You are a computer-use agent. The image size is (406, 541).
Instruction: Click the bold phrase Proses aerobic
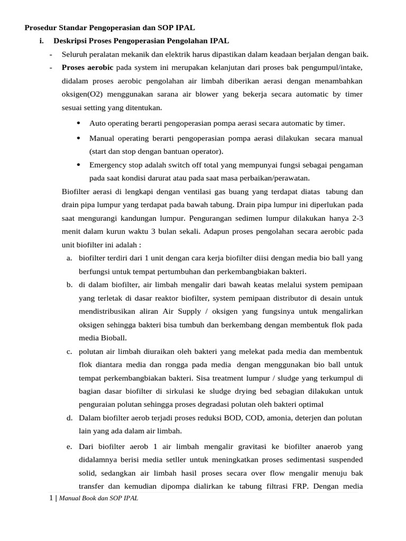(x=87, y=68)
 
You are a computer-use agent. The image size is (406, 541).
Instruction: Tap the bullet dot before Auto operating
(x=78, y=123)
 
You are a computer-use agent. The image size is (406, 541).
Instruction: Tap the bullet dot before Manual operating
(x=78, y=138)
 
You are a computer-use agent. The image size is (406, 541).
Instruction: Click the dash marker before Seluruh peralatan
(x=51, y=54)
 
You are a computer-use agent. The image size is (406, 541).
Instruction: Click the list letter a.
(x=69, y=258)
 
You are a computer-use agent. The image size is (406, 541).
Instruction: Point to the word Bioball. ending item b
(x=113, y=338)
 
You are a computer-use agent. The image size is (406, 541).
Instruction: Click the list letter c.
(x=69, y=351)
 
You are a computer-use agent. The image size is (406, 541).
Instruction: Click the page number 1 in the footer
(x=51, y=498)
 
